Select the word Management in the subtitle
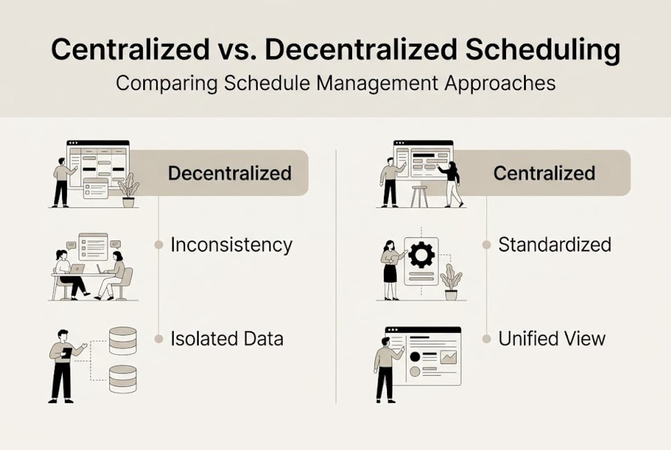point(378,83)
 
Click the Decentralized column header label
point(230,173)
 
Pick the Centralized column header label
point(544,173)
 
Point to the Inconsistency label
point(231,245)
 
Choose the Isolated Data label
point(227,339)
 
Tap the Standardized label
point(555,244)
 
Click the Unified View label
point(552,339)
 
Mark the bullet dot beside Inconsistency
point(159,245)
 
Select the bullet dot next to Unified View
point(486,339)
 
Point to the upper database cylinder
point(123,341)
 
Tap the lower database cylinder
point(123,379)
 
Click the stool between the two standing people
point(420,196)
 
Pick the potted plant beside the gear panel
point(451,282)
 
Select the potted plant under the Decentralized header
point(128,191)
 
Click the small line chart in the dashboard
point(448,357)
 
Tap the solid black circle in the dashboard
point(415,356)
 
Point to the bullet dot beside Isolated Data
point(159,339)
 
